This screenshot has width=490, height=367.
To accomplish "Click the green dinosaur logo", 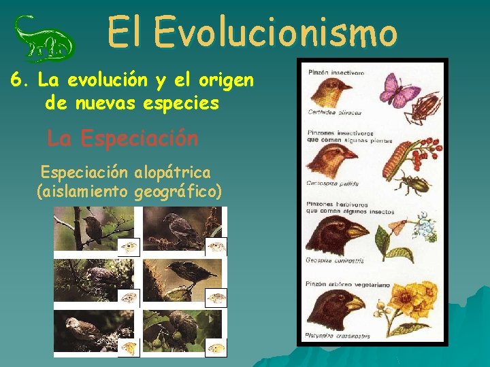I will pos(45,39).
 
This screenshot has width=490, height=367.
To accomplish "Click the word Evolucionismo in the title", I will pos(275,32).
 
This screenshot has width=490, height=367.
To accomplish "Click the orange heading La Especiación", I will pos(122,139).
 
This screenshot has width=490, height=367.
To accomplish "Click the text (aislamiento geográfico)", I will pos(129,192).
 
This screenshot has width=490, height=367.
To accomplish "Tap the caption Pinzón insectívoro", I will pos(336,72).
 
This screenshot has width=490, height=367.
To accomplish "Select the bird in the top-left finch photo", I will pos(93,229).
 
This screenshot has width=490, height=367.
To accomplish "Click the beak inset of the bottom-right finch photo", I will pos(216,348).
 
